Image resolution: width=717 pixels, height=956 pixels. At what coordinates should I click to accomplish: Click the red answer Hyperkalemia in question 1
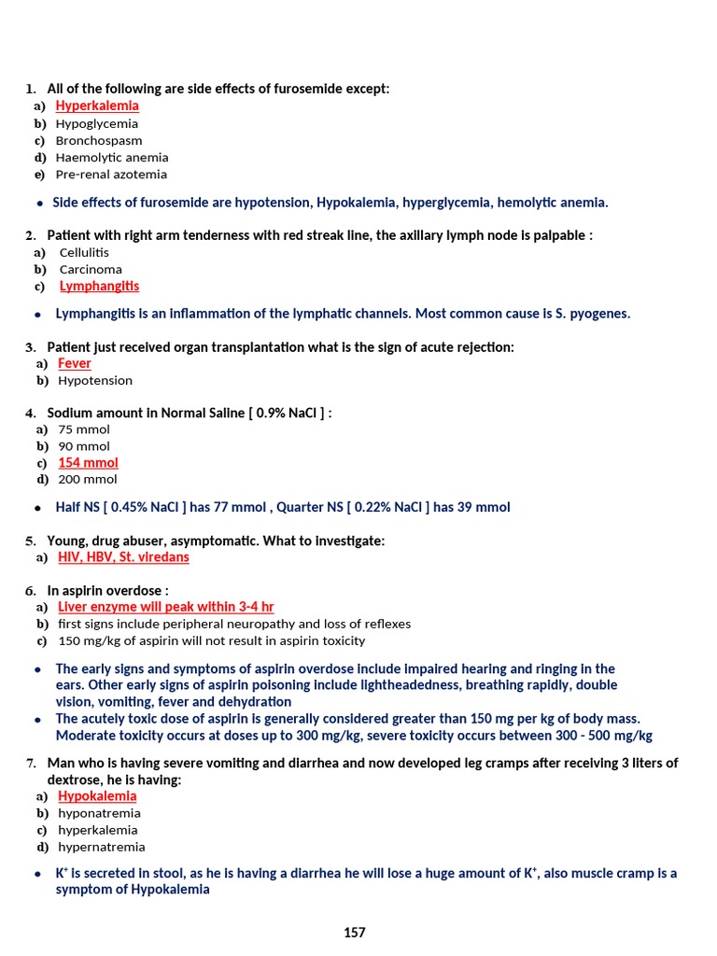(x=97, y=106)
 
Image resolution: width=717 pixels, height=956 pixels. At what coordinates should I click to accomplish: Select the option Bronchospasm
(x=99, y=141)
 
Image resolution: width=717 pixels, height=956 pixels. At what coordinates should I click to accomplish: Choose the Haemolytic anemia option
(x=112, y=158)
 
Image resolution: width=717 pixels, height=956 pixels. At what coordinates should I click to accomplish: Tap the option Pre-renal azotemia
(x=111, y=175)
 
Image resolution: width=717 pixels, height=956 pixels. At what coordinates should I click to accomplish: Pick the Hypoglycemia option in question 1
(x=96, y=124)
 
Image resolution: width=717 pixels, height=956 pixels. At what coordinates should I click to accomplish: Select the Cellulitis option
(x=84, y=253)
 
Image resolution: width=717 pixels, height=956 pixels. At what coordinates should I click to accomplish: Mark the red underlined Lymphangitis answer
(x=99, y=287)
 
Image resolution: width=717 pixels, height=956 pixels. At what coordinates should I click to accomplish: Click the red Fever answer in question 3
(x=75, y=363)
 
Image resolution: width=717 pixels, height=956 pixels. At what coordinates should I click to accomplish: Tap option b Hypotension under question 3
(x=95, y=381)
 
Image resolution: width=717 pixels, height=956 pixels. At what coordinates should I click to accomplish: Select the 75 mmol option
(x=84, y=429)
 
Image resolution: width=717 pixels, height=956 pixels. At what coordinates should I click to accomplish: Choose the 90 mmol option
(x=84, y=446)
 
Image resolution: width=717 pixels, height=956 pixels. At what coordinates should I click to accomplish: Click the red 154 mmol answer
(x=88, y=463)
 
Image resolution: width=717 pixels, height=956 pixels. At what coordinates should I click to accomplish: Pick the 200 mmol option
(x=88, y=480)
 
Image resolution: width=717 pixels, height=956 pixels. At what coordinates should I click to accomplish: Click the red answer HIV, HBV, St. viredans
(x=123, y=557)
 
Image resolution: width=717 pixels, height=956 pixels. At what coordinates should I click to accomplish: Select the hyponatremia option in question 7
(x=99, y=813)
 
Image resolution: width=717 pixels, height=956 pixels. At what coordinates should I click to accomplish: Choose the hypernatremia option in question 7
(x=101, y=848)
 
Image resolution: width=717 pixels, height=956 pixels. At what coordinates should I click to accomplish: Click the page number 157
(x=355, y=933)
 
